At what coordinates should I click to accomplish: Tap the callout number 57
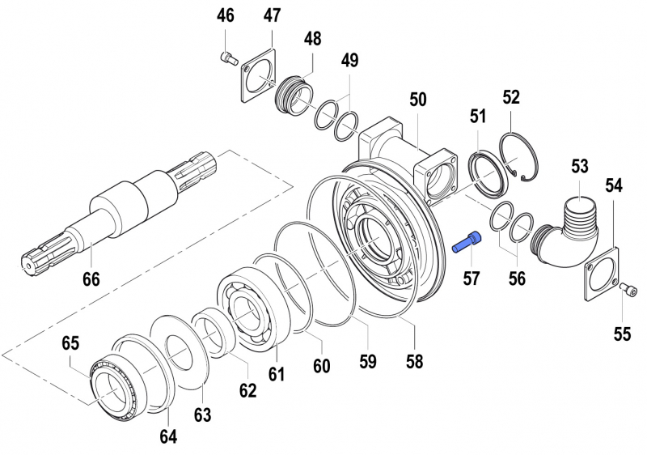472,279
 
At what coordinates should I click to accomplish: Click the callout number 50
417,100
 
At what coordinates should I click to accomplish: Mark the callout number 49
349,60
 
